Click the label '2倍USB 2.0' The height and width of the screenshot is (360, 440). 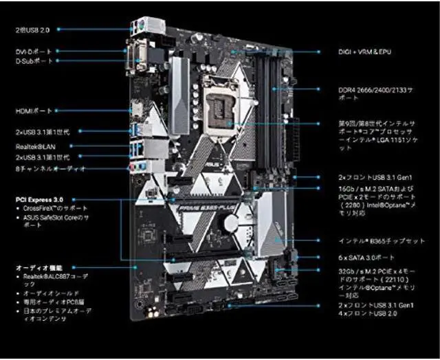[32, 30]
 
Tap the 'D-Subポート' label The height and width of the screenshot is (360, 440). [34, 61]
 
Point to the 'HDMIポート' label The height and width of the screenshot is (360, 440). [34, 111]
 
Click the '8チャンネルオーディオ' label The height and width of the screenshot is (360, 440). [50, 168]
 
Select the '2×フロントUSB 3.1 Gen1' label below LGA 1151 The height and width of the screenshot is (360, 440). [375, 177]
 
